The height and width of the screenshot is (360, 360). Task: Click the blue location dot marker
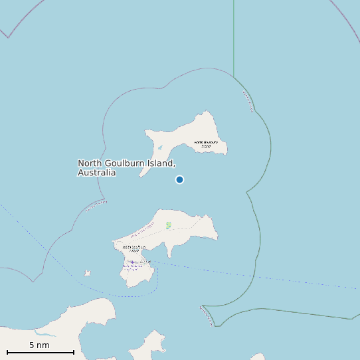tap(179, 179)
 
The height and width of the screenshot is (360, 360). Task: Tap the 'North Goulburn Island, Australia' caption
tap(126, 167)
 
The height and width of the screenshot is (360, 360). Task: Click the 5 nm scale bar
tap(40, 352)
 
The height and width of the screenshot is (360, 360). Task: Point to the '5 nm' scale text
tap(39, 345)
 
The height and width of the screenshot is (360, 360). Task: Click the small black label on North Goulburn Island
tap(206, 143)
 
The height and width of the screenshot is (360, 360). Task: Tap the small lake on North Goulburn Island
tap(159, 148)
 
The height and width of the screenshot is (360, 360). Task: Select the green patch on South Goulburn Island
tap(169, 225)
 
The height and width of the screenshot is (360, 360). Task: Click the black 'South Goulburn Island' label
tap(134, 248)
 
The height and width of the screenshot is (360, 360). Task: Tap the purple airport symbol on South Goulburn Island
tap(132, 262)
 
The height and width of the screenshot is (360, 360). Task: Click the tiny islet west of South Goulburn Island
tap(87, 272)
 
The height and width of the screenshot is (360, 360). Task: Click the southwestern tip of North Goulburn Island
tap(141, 175)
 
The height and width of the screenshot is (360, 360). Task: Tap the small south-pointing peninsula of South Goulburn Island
tap(171, 252)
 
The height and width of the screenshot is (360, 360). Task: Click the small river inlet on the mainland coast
tap(46, 331)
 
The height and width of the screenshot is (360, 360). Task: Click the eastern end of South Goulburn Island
tap(215, 236)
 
